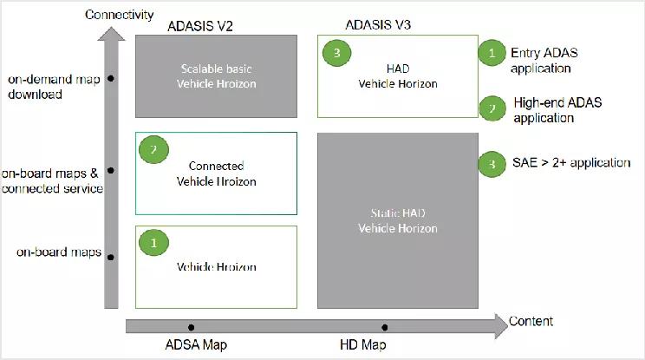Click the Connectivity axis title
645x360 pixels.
click(120, 15)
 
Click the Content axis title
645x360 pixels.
click(531, 322)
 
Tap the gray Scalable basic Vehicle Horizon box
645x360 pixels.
click(216, 76)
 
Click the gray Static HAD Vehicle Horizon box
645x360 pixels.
click(398, 220)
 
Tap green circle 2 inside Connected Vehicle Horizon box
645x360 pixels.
click(153, 150)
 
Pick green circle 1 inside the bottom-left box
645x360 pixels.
click(153, 244)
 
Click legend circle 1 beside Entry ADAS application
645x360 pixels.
click(492, 53)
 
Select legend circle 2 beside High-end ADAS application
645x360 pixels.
click(492, 108)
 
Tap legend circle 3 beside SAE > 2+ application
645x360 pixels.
click(492, 163)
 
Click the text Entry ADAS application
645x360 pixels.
click(544, 61)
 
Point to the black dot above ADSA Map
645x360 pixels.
click(191, 327)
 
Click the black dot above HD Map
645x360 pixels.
click(384, 327)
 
